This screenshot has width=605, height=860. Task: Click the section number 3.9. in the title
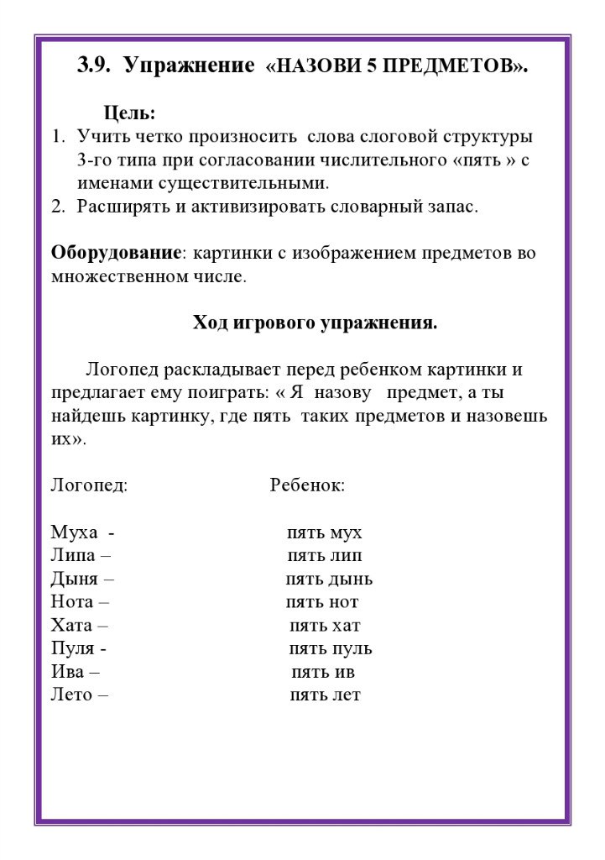[x=95, y=66]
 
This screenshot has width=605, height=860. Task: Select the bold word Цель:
[x=129, y=113]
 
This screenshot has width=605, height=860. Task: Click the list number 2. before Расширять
[x=58, y=207]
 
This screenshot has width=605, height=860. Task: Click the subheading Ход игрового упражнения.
[x=315, y=322]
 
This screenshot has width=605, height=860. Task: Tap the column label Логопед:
[x=89, y=485]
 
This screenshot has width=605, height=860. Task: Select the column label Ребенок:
[x=307, y=485]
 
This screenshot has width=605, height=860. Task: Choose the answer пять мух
[x=325, y=532]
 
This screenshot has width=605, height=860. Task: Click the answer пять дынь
[x=329, y=579]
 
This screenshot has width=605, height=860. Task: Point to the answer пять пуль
[x=330, y=648]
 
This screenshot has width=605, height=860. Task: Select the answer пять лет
[x=325, y=695]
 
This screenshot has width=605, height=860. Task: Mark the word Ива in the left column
[x=68, y=672]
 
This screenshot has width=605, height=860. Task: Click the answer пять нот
[x=322, y=602]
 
